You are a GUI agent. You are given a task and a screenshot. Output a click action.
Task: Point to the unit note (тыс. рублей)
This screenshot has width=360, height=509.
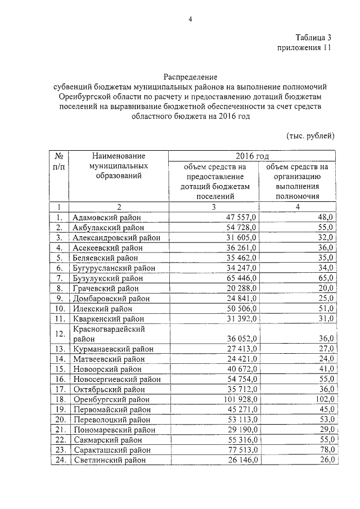310,136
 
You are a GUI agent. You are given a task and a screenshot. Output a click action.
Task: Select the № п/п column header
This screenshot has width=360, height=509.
58,161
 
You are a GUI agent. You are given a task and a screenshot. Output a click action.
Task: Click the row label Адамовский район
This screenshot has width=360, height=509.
106,217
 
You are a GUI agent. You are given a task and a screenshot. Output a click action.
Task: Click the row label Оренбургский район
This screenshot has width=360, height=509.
111,399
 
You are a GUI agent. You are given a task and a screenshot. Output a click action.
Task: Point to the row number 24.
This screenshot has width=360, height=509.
58,460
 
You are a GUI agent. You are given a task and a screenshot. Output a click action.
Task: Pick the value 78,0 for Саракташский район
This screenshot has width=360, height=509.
325,450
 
